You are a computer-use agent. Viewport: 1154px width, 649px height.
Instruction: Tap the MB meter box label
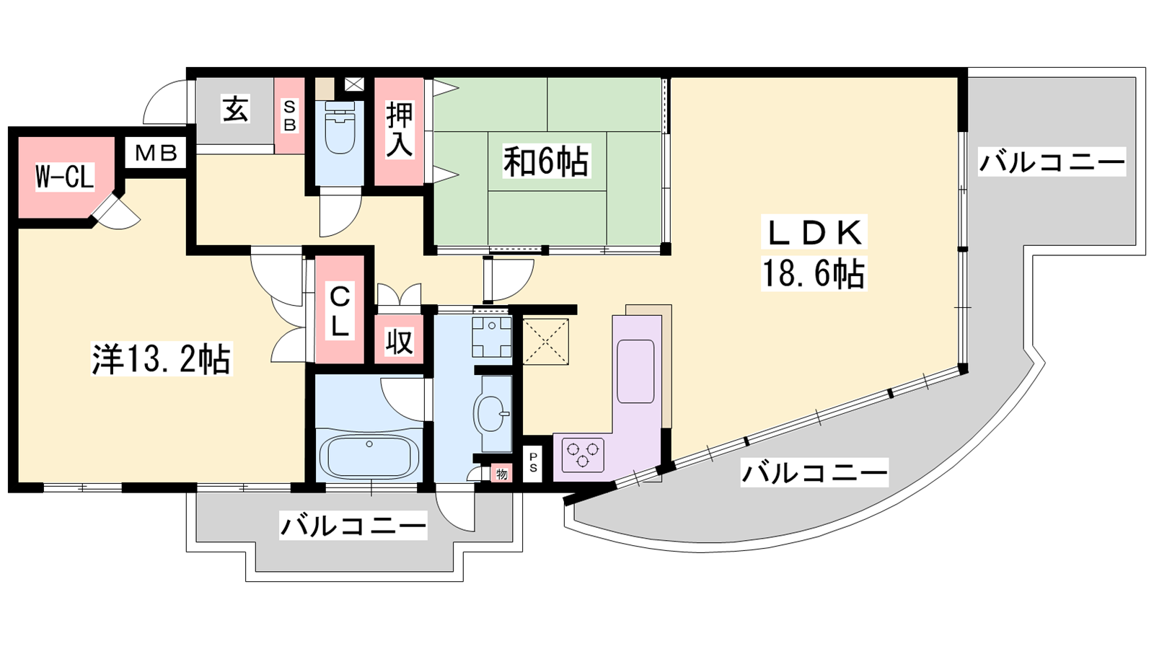pyautogui.click(x=156, y=152)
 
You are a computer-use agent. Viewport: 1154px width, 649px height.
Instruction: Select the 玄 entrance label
pyautogui.click(x=235, y=109)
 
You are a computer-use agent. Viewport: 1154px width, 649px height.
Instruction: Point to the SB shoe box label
pyautogui.click(x=289, y=115)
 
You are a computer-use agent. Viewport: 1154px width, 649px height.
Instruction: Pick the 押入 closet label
pyautogui.click(x=400, y=129)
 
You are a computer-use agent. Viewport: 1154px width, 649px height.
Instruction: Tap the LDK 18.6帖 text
pyautogui.click(x=814, y=253)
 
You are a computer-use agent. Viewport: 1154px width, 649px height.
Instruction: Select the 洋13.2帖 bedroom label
pyautogui.click(x=162, y=358)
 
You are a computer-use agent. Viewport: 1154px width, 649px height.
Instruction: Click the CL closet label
pyautogui.click(x=339, y=312)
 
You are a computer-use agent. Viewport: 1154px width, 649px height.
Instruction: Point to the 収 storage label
pyautogui.click(x=400, y=342)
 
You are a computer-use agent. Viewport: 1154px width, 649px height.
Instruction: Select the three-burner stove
pyautogui.click(x=583, y=454)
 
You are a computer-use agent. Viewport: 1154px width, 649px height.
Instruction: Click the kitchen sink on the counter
pyautogui.click(x=636, y=371)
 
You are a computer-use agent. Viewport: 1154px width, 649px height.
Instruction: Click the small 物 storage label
pyautogui.click(x=502, y=474)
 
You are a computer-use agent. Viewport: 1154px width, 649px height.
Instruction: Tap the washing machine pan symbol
pyautogui.click(x=493, y=337)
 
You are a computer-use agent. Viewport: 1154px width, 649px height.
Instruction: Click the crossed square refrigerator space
pyautogui.click(x=545, y=342)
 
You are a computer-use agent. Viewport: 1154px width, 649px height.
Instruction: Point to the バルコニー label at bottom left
pyautogui.click(x=353, y=526)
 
